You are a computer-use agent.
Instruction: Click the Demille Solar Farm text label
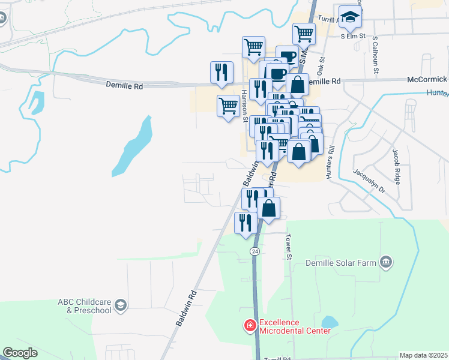coord(340,262)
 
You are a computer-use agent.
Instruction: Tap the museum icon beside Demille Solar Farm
coord(386,262)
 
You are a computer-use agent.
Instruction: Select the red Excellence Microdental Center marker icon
coord(249,326)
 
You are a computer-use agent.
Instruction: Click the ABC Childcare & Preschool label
coord(84,306)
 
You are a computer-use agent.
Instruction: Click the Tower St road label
coord(289,247)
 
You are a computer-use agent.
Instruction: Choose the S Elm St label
coord(353,36)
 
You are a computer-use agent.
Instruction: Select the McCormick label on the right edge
coord(427,79)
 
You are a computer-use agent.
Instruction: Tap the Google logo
coord(20,353)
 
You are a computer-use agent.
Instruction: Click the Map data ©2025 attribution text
coord(423,355)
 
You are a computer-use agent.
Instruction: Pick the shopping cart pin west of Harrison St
coord(228,107)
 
